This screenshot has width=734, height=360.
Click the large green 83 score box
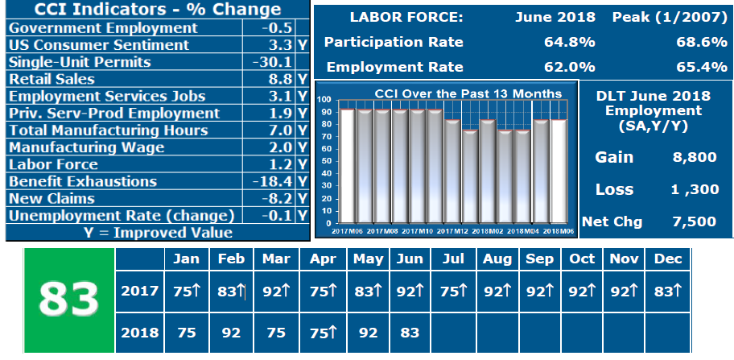click(69, 296)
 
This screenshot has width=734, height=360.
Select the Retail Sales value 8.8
click(278, 79)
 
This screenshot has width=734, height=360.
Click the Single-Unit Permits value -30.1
click(274, 62)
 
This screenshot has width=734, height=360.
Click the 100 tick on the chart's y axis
click(325, 99)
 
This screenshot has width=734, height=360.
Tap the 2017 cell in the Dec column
click(668, 291)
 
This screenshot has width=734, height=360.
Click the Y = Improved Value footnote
click(158, 233)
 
